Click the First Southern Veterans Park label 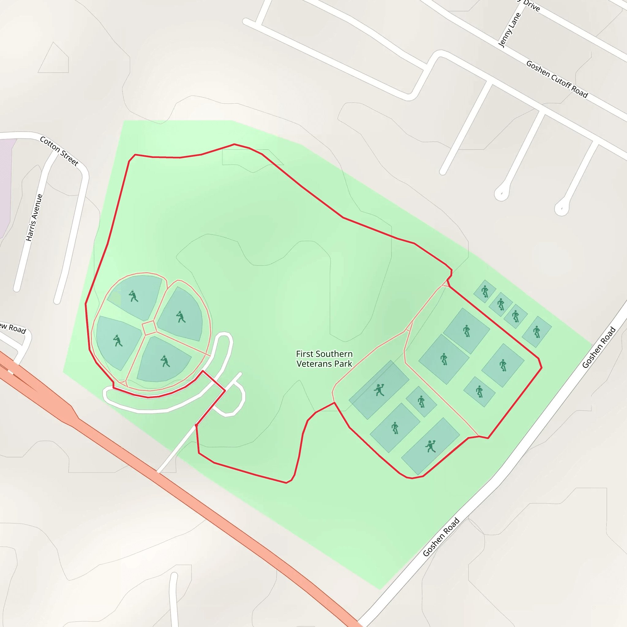tap(324, 359)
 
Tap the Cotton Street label tap(59, 151)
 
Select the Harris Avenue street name tap(34, 217)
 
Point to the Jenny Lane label tap(509, 30)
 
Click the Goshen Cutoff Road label tap(557, 79)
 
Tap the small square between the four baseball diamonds tap(149, 328)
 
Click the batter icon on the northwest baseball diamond tap(133, 296)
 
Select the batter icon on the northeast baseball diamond tap(181, 317)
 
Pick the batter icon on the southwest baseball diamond tap(118, 341)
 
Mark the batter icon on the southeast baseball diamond tap(165, 361)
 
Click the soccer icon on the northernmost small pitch tap(485, 291)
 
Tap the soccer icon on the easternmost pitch tap(537, 332)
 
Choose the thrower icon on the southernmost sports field tap(431, 446)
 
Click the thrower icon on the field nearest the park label tap(379, 390)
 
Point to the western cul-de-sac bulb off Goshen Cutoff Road tap(502, 194)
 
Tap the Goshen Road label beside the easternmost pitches tap(599, 347)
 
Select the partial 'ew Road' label tap(13, 328)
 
